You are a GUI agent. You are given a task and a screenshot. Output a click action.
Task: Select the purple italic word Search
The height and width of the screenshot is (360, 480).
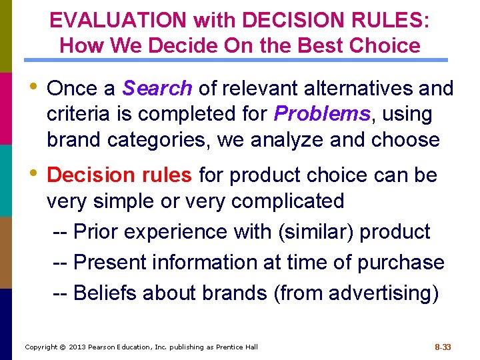(x=158, y=88)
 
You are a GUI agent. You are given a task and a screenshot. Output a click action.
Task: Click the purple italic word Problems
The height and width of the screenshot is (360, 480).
(x=322, y=114)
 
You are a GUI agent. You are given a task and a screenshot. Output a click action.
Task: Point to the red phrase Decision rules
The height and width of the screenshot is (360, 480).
(x=120, y=175)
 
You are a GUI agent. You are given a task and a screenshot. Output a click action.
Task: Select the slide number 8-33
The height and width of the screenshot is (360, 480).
(x=443, y=347)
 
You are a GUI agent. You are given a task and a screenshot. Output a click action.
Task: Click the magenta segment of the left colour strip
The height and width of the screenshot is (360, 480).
(x=6, y=109)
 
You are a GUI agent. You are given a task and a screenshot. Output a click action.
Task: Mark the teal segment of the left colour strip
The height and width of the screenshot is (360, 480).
(x=6, y=181)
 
